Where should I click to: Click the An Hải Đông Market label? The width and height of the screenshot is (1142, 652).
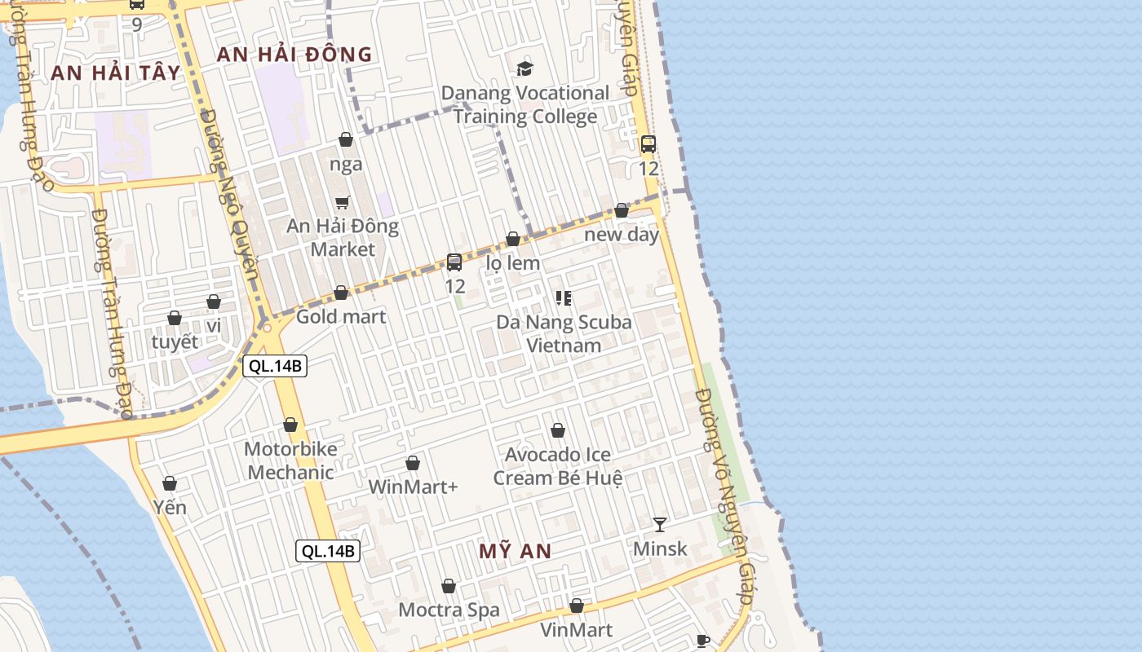pos(343,237)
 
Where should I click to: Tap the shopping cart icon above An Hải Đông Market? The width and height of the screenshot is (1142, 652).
pos(343,202)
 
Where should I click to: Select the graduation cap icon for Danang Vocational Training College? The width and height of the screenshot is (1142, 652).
pos(525,68)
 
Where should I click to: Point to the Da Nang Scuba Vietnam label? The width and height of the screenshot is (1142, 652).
pos(564,333)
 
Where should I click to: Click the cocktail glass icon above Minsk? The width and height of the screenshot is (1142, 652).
pos(660,524)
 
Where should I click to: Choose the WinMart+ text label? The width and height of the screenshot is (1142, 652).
pos(413,487)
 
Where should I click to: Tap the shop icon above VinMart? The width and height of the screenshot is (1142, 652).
pos(577,606)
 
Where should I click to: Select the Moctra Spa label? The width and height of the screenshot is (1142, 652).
pos(449,610)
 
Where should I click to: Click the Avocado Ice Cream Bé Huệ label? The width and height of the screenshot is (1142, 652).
pos(558,466)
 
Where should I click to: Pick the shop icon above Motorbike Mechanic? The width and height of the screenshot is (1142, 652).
pos(290,425)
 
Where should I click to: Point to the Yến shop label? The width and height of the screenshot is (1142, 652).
pos(170,508)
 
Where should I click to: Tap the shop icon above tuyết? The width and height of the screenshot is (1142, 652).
pos(175,318)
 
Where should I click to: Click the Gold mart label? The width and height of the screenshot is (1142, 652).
pos(341,316)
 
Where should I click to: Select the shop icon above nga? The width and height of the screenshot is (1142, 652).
pos(346,139)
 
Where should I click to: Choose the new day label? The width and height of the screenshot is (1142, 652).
pos(622,235)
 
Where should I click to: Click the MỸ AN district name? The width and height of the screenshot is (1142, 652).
pos(515,551)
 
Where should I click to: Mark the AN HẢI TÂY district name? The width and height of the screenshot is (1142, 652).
pos(115,73)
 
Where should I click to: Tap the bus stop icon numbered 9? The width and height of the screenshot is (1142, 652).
pos(137,5)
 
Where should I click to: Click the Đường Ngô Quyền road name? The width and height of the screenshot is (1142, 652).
pos(229,196)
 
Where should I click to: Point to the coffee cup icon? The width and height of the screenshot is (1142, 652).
pos(703,641)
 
